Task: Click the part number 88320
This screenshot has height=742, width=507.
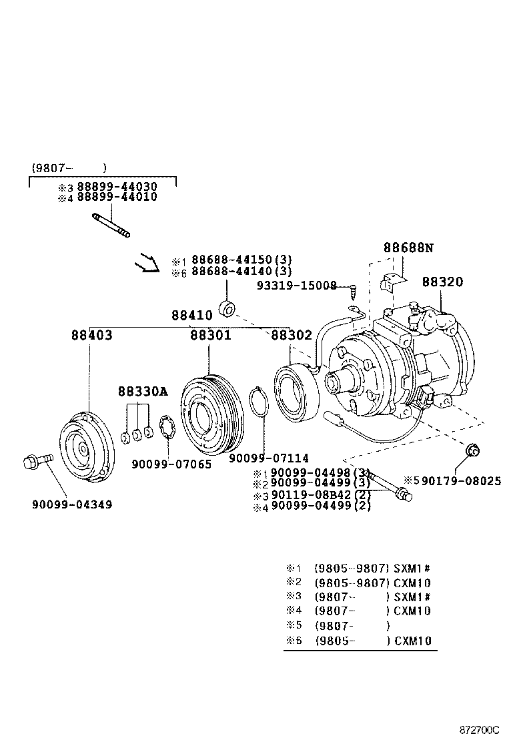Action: point(442,282)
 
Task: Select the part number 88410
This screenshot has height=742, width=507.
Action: point(191,315)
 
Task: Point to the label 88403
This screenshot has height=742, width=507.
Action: point(91,336)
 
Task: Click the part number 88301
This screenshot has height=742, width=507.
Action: point(210,336)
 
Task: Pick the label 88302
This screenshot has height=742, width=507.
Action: point(292,336)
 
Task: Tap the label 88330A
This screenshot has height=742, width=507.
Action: point(143,392)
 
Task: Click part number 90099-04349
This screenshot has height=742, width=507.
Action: point(72,504)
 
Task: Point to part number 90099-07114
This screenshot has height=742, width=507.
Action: point(268,458)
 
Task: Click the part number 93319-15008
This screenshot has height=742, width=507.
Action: point(297,286)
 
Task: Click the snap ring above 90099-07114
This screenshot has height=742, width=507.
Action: point(259,403)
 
